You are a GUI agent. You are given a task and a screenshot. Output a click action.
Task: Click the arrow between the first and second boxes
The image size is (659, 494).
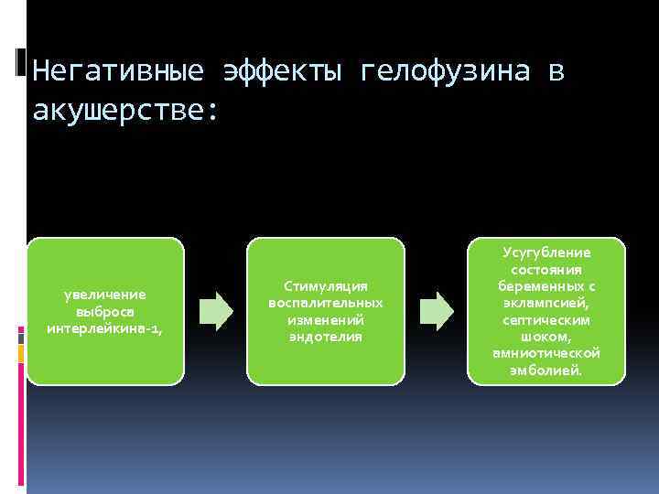(216, 311)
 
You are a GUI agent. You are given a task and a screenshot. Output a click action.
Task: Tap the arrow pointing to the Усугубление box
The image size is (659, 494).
(437, 311)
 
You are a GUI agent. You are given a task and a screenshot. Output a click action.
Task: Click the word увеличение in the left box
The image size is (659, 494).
(105, 295)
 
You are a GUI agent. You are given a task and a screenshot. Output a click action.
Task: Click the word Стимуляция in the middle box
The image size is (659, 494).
(326, 286)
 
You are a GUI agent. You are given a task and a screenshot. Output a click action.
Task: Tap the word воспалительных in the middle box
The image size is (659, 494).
(326, 303)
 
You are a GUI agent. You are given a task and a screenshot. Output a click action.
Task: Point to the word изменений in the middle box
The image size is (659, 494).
(326, 319)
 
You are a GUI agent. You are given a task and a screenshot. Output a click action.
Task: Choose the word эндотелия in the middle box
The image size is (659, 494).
(326, 337)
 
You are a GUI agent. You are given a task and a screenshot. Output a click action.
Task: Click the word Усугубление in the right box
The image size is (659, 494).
(546, 252)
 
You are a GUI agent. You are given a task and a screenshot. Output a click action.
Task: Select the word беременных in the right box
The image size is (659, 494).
(540, 286)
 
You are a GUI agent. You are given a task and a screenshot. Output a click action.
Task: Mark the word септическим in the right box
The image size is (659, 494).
(546, 319)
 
